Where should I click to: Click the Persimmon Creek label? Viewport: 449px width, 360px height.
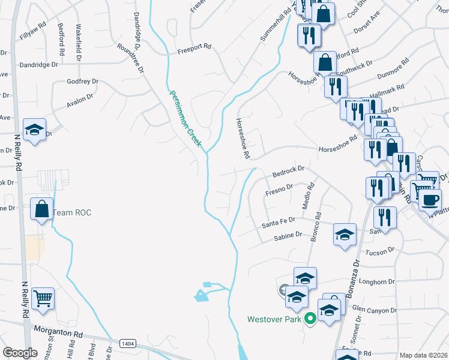click(x=185, y=119)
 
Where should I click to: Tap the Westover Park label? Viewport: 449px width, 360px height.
click(x=274, y=319)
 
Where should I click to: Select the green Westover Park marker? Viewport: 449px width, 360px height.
click(x=310, y=319)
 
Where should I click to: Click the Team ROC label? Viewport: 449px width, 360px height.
click(x=72, y=212)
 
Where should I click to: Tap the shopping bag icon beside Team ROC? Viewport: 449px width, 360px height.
click(x=41, y=210)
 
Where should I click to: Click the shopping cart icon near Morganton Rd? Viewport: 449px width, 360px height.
click(x=43, y=298)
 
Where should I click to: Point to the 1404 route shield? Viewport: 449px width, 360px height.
click(x=127, y=343)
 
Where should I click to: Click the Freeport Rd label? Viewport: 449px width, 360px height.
click(x=194, y=46)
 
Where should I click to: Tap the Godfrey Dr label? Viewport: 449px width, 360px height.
click(x=82, y=81)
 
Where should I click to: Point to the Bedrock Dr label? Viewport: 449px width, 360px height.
click(x=289, y=170)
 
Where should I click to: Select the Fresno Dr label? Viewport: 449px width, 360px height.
click(x=279, y=188)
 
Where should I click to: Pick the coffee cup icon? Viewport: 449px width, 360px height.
click(x=430, y=199)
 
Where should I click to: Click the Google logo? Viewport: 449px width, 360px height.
click(x=20, y=353)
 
